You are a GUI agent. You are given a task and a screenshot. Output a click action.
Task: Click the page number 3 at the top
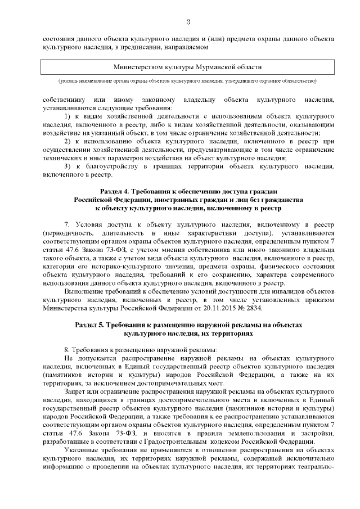(x=188, y=22)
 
